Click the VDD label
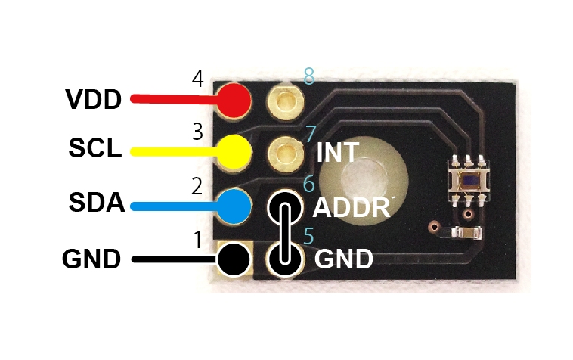(93, 99)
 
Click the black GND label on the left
(91, 259)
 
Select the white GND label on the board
(343, 259)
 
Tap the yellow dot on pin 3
(234, 151)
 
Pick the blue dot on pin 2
(234, 205)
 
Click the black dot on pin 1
(234, 259)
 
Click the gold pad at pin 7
(286, 152)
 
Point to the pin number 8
(308, 76)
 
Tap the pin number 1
(198, 241)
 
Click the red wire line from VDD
(174, 99)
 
